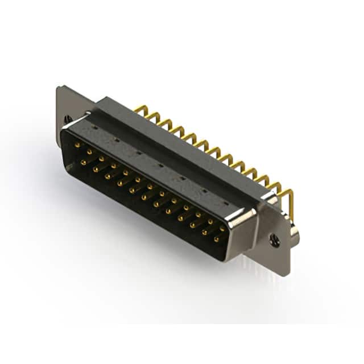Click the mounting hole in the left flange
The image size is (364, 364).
(x=68, y=119)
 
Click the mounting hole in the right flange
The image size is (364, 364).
(x=275, y=241)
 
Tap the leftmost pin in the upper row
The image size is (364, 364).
(x=77, y=146)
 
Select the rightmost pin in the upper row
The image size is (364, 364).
(x=222, y=228)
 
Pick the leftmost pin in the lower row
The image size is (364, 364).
(x=83, y=162)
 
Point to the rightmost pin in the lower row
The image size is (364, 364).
(x=216, y=239)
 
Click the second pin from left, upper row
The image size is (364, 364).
(x=89, y=152)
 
